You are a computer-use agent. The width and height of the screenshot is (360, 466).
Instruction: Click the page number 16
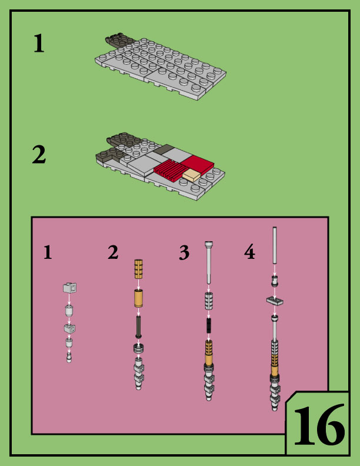click(318, 425)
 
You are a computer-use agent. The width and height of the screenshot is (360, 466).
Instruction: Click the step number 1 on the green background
click(38, 44)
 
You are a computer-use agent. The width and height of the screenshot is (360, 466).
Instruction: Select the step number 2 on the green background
click(38, 155)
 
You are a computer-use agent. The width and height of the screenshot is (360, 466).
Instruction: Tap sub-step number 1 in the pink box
click(48, 252)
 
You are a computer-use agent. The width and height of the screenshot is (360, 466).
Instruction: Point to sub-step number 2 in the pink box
click(113, 252)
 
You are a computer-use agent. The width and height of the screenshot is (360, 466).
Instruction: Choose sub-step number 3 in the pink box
click(184, 253)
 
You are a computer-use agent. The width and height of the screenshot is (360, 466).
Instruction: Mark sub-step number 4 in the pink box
click(249, 253)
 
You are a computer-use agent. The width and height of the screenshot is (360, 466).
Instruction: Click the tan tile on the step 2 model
click(192, 175)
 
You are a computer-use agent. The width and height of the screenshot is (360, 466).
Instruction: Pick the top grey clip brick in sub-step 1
click(69, 288)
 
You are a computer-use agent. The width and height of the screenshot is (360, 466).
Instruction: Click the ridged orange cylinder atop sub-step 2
click(138, 268)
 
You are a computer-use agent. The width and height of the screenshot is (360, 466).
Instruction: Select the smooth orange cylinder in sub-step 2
click(138, 298)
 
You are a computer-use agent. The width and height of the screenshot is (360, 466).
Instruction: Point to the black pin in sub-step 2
click(138, 325)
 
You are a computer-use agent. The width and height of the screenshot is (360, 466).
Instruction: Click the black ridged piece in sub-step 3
click(208, 326)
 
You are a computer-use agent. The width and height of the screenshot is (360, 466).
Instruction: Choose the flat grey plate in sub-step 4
click(274, 301)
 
